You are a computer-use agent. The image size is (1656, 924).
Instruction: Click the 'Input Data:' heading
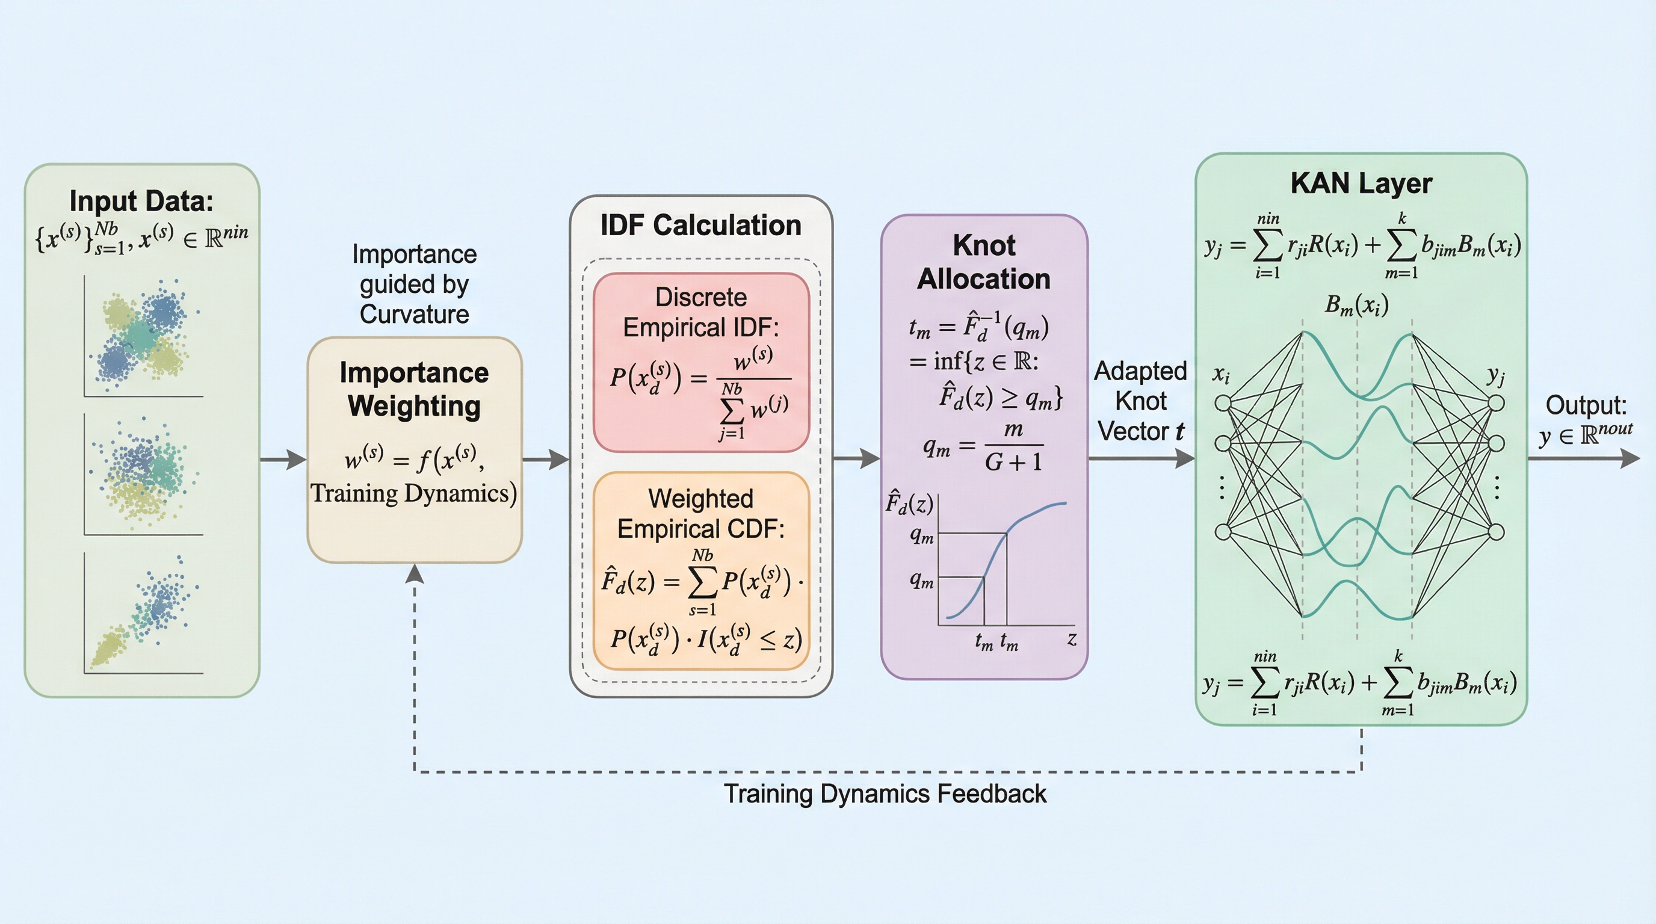click(141, 201)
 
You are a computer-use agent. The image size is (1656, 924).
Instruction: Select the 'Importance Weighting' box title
click(414, 389)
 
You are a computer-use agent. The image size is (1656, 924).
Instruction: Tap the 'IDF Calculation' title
click(700, 226)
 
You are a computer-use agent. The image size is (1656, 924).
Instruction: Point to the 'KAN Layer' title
click(1361, 183)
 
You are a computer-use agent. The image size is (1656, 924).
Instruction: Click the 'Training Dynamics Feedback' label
click(885, 794)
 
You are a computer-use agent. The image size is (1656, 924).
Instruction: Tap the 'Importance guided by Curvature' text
click(414, 284)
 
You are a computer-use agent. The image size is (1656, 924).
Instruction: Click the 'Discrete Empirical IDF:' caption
click(700, 312)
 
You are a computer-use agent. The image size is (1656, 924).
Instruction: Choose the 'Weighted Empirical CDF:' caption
click(700, 513)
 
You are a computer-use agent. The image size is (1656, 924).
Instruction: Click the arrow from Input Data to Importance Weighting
click(283, 460)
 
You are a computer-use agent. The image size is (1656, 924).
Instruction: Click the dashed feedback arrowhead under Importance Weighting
click(415, 573)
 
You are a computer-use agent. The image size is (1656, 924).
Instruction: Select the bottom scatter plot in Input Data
click(143, 614)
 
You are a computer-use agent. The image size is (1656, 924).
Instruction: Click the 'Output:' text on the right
click(1586, 405)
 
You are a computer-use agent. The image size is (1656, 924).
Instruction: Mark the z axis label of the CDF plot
click(1072, 639)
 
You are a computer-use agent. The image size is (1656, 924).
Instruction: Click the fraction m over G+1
click(1013, 445)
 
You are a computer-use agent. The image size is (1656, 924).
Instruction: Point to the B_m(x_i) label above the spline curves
click(1356, 304)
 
